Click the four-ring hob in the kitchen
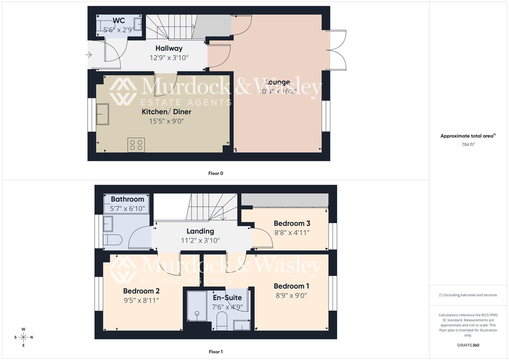pyautogui.click(x=136, y=145)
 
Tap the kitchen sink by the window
pyautogui.click(x=102, y=114)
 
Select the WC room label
pyautogui.click(x=119, y=21)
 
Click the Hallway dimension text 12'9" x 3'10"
pyautogui.click(x=169, y=58)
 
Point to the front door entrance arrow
pyautogui.click(x=89, y=55)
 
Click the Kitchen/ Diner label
pyautogui.click(x=166, y=112)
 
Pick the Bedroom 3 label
pyautogui.click(x=292, y=223)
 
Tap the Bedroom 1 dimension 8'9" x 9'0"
pyautogui.click(x=291, y=295)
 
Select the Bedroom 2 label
pyautogui.click(x=141, y=291)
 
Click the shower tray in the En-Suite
pyautogui.click(x=197, y=306)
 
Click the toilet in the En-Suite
pyautogui.click(x=222, y=321)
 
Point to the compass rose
pyautogui.click(x=23, y=337)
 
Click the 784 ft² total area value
pyautogui.click(x=468, y=145)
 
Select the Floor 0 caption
pyautogui.click(x=216, y=173)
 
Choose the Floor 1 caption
pyautogui.click(x=216, y=352)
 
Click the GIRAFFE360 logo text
pyautogui.click(x=468, y=345)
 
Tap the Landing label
pyautogui.click(x=200, y=231)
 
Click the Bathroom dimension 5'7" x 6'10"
pyautogui.click(x=127, y=209)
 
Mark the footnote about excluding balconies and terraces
pyautogui.click(x=468, y=295)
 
